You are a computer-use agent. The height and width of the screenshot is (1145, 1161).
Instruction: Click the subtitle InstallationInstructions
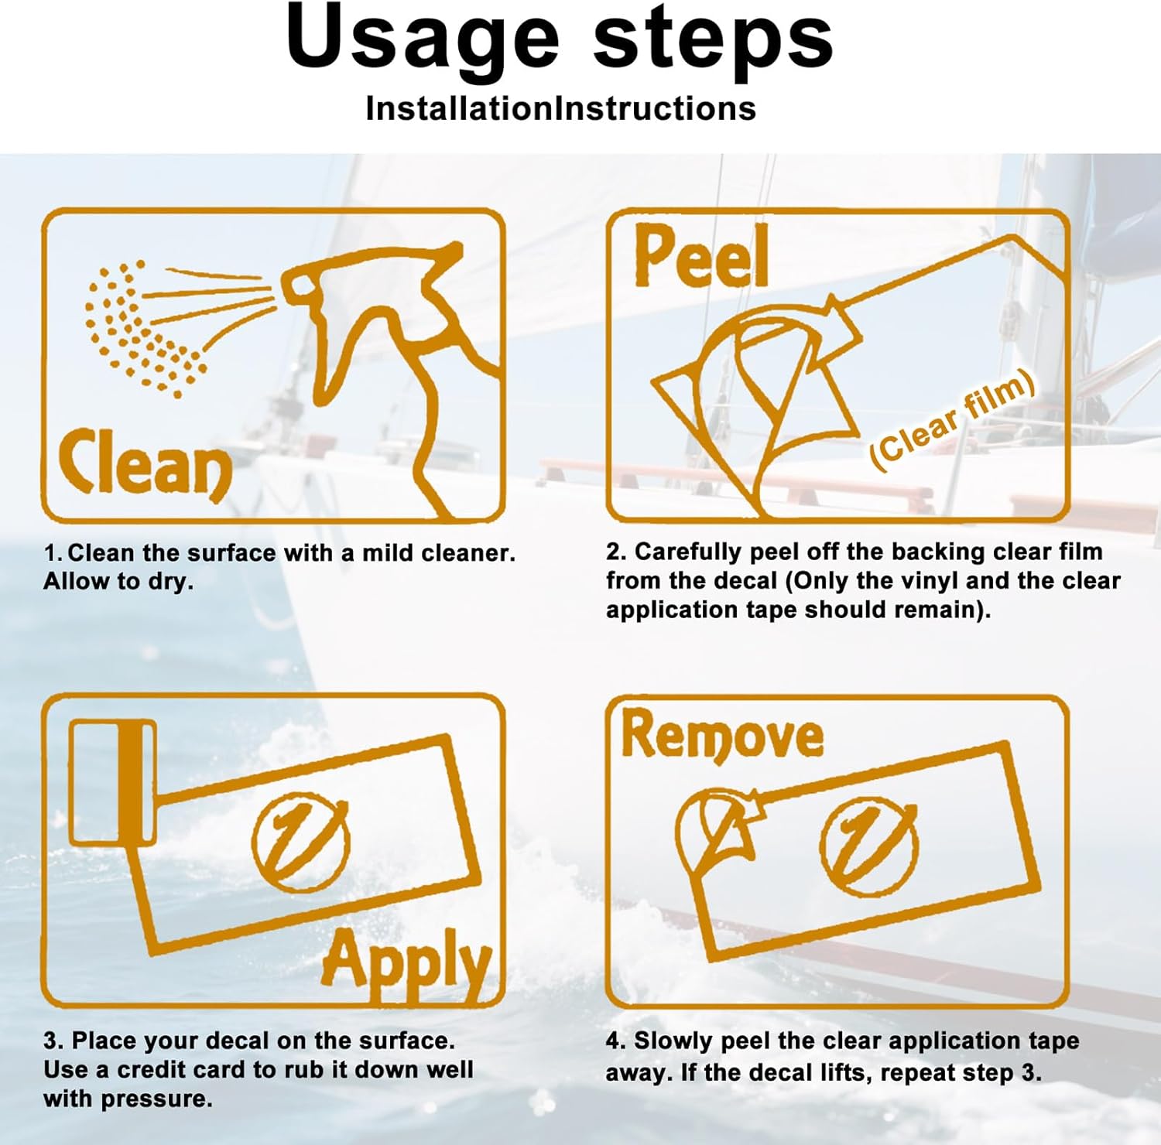tap(561, 108)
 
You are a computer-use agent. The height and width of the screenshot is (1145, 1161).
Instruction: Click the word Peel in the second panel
tap(701, 255)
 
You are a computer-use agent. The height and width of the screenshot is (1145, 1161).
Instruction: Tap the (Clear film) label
tap(953, 418)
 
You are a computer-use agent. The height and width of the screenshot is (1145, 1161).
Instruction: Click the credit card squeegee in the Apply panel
tap(113, 781)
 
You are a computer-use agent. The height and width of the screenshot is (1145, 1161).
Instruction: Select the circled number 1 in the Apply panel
tap(300, 840)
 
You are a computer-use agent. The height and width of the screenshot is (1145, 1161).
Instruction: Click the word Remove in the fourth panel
tap(722, 735)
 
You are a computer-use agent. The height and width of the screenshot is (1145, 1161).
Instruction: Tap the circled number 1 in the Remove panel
tap(868, 848)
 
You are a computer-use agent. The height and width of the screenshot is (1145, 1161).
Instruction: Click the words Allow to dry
tap(118, 582)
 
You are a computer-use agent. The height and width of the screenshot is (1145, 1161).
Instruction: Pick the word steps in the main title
tap(713, 43)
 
